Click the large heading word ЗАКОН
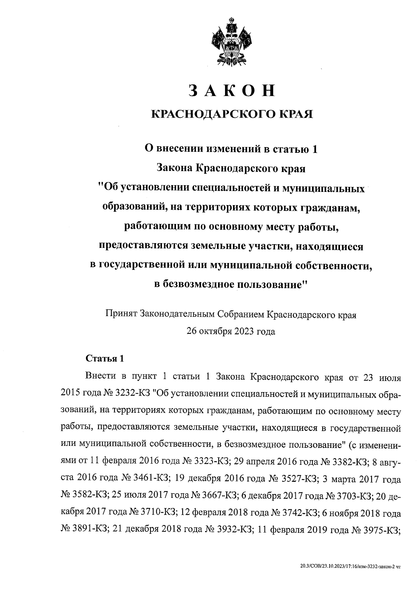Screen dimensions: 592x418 point(231,91)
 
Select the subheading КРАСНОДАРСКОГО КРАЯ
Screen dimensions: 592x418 point(231,114)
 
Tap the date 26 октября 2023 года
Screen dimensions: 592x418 point(231,331)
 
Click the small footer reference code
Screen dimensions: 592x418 point(350,568)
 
